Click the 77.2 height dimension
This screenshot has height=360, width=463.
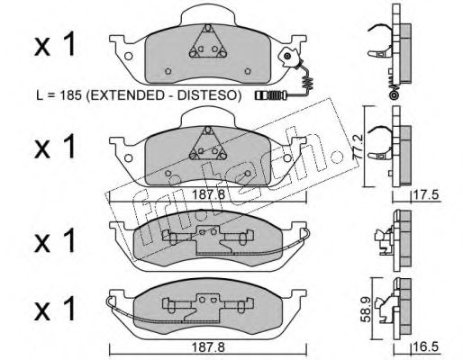359,147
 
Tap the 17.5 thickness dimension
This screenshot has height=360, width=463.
426,195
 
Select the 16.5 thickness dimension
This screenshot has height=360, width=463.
426,347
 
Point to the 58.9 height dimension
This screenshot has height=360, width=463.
366,310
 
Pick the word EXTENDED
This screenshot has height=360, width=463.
124,95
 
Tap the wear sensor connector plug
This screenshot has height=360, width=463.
269,95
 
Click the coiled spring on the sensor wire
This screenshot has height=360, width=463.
308,83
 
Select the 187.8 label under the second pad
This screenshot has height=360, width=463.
208,195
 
